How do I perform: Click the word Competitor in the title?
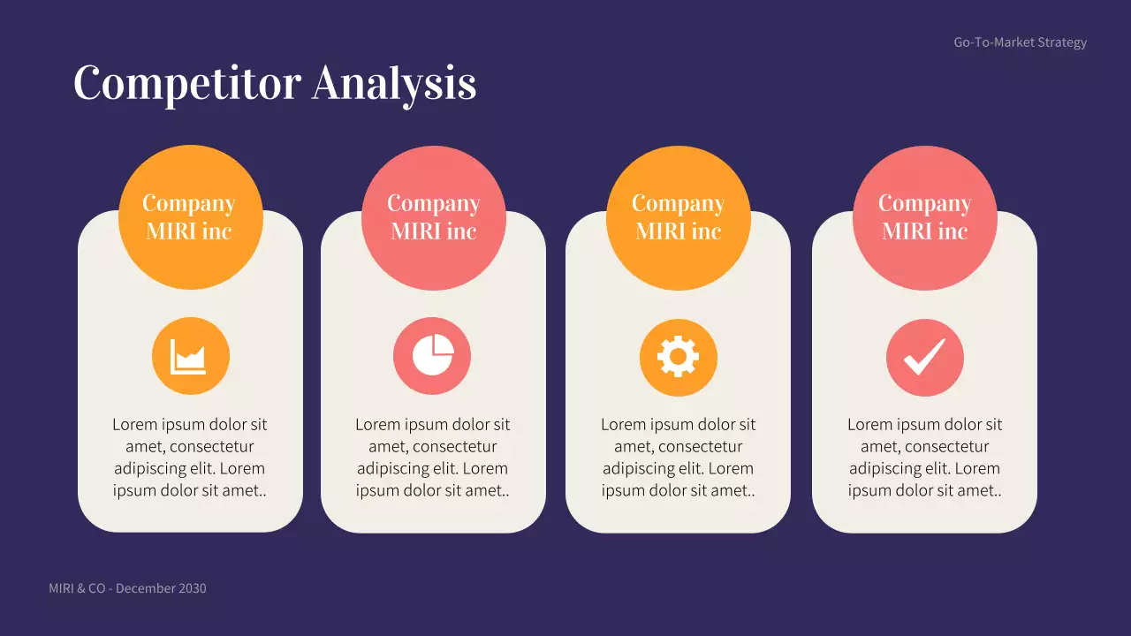pos(187,83)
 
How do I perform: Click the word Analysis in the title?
pos(394,83)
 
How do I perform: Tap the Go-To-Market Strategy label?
pos(1020,42)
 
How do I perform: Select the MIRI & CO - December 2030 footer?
pos(127,588)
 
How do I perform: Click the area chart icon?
pos(190,357)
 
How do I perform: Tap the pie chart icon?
pos(432,357)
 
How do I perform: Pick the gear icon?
pos(678,357)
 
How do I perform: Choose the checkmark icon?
pos(924,357)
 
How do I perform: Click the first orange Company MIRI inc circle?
pos(190,217)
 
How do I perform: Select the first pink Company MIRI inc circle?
pos(433,217)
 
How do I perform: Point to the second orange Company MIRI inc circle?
pos(678,217)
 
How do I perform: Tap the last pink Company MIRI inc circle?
pos(924,217)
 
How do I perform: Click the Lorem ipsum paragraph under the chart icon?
pos(190,458)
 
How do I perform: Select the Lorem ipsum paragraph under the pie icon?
pos(433,458)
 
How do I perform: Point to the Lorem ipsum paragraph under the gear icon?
pos(678,458)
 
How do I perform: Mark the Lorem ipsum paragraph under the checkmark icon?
pos(924,458)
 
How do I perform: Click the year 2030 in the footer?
pos(192,588)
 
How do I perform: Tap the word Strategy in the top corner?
pos(1062,42)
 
